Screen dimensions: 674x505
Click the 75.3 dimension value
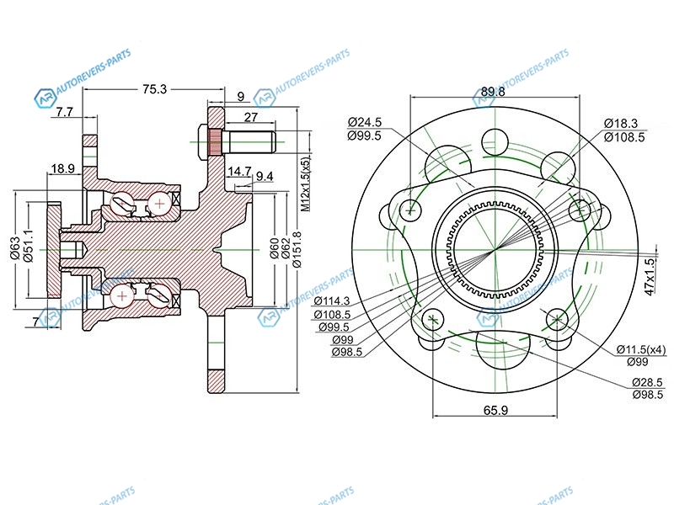[x=154, y=89]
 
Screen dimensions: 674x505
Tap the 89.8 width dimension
[x=493, y=92]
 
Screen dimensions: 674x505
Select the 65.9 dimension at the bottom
[x=495, y=410]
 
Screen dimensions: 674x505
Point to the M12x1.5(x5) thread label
[x=305, y=183]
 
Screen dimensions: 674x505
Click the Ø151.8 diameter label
[x=297, y=249]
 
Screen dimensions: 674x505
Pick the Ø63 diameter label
[x=15, y=248]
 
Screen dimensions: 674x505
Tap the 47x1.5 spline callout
[x=650, y=277]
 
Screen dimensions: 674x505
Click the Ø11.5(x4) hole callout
[x=641, y=349]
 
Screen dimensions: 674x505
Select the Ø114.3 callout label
[x=332, y=300]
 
